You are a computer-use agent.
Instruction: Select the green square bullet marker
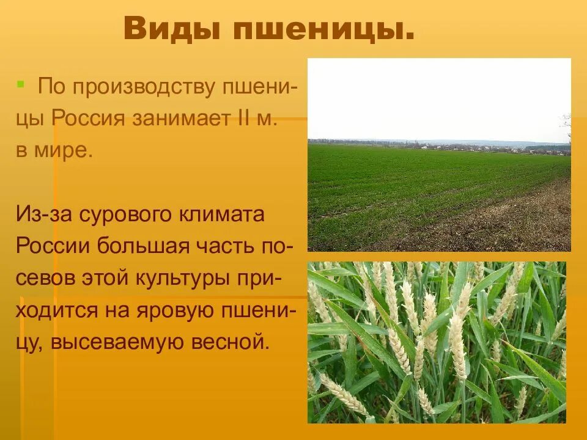[21, 82]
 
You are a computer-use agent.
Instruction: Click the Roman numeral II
[243, 118]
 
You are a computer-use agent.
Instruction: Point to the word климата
[223, 215]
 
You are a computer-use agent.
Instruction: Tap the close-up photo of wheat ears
[437, 342]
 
